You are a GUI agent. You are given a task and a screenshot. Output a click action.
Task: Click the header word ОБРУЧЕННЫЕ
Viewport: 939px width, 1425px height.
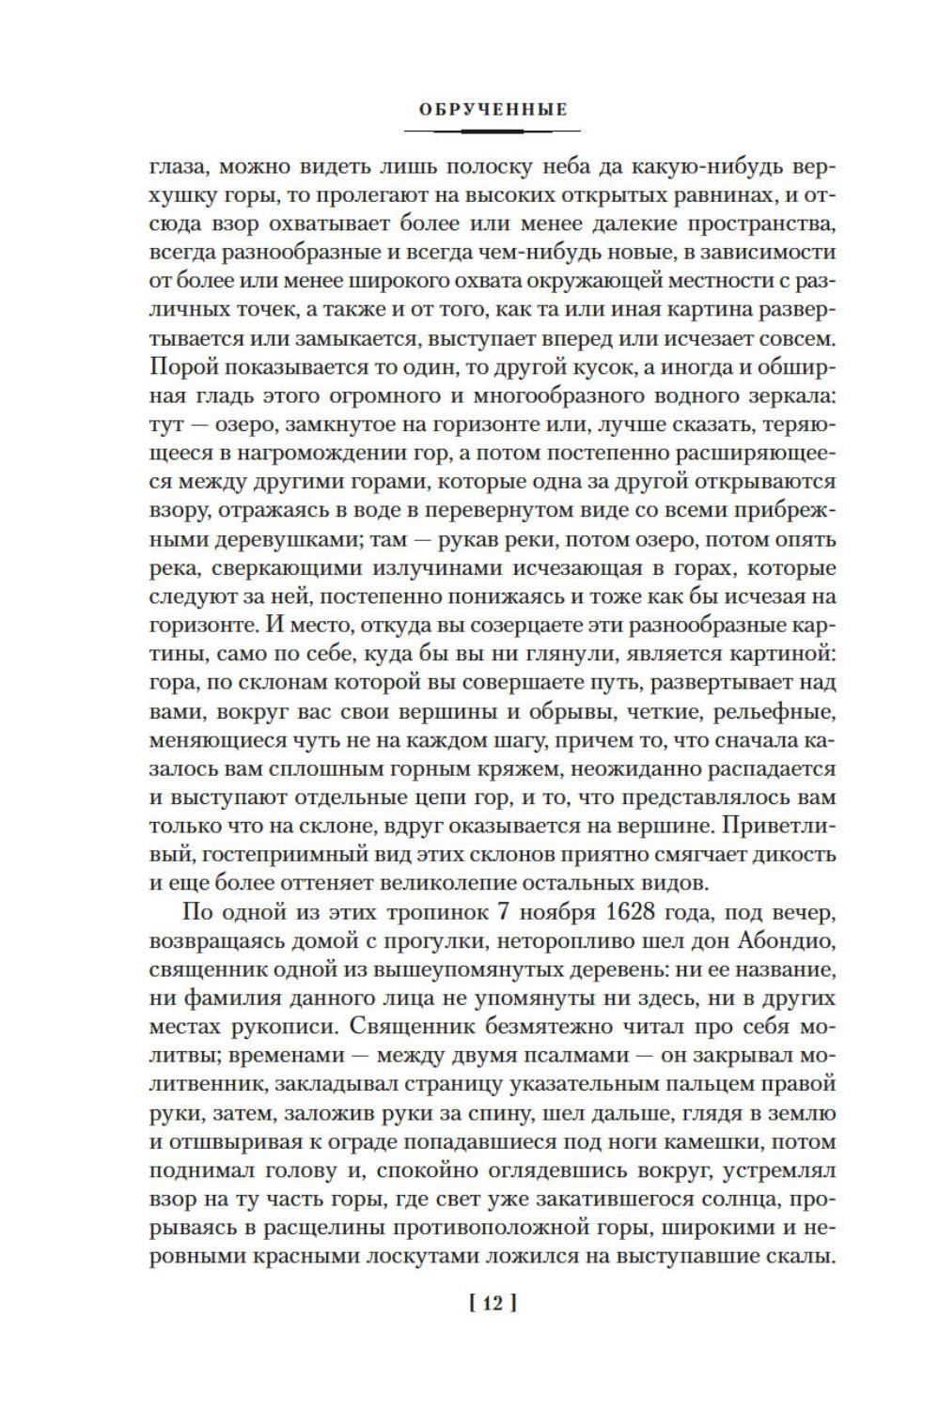(493, 110)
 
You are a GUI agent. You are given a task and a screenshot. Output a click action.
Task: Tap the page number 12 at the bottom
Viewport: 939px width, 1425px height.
(493, 1303)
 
